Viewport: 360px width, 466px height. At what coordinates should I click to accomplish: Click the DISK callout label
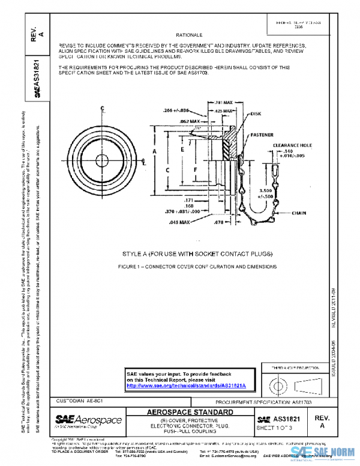pos(256,113)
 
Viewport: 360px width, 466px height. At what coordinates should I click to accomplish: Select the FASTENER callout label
pos(263,136)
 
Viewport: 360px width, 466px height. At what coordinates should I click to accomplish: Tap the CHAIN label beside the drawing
pos(299,213)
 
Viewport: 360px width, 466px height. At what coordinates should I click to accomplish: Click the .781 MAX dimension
pos(224,103)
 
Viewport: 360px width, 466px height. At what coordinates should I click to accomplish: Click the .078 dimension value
pos(218,222)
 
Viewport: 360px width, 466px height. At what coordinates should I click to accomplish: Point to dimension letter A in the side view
pos(154,152)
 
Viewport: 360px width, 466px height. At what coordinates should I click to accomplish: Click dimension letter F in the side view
pos(195,170)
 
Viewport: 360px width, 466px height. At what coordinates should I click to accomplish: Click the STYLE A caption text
pos(189,253)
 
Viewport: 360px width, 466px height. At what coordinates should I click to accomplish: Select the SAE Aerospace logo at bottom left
pos(88,420)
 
